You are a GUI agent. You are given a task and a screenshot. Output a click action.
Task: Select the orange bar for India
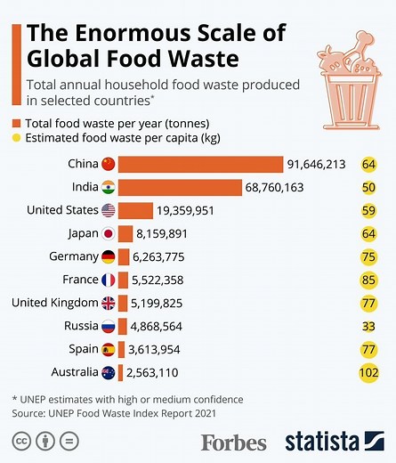point(180,188)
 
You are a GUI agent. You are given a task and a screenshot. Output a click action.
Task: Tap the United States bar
point(135,211)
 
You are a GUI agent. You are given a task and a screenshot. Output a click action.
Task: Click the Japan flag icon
point(109,234)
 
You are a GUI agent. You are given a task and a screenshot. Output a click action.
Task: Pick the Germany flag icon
point(109,257)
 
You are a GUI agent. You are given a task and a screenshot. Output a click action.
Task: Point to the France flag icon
point(109,280)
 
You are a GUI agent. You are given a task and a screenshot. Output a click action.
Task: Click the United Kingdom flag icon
point(109,303)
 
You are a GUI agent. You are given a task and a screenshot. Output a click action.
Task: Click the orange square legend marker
point(17,124)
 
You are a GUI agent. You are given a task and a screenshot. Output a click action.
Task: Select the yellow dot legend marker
point(17,138)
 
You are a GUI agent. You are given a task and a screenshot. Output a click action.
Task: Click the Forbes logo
point(233,442)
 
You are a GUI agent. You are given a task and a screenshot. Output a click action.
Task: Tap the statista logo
point(335,441)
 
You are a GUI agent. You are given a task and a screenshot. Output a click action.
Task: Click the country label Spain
point(79,349)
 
